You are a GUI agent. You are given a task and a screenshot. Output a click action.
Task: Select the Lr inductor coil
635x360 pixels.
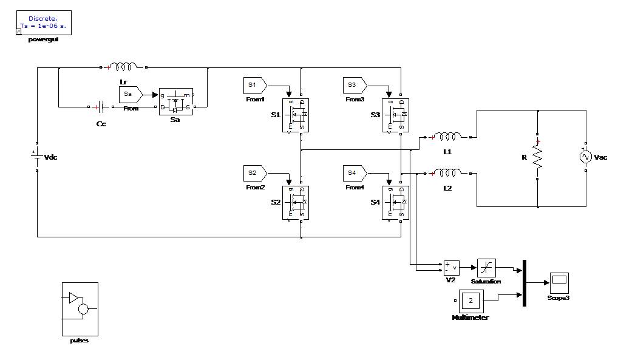[x=123, y=67]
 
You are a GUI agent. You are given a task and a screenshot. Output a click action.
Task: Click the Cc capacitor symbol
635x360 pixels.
[x=101, y=107]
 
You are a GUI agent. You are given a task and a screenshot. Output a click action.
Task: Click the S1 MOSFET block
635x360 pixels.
[x=296, y=115]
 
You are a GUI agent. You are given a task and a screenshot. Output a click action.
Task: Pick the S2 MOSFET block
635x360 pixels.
[x=296, y=202]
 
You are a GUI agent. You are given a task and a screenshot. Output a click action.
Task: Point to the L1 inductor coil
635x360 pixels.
[x=447, y=136]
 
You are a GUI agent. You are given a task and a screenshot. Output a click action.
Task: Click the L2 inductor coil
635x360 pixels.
[x=447, y=173]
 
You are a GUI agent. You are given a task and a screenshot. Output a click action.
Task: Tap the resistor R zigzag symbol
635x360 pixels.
[x=538, y=157]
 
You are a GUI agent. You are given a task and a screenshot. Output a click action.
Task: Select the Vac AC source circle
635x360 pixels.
[x=586, y=157]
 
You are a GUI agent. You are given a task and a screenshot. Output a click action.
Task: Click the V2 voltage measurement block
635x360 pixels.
[x=452, y=267]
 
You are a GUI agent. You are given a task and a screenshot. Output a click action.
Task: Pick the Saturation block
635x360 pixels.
[x=486, y=267]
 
